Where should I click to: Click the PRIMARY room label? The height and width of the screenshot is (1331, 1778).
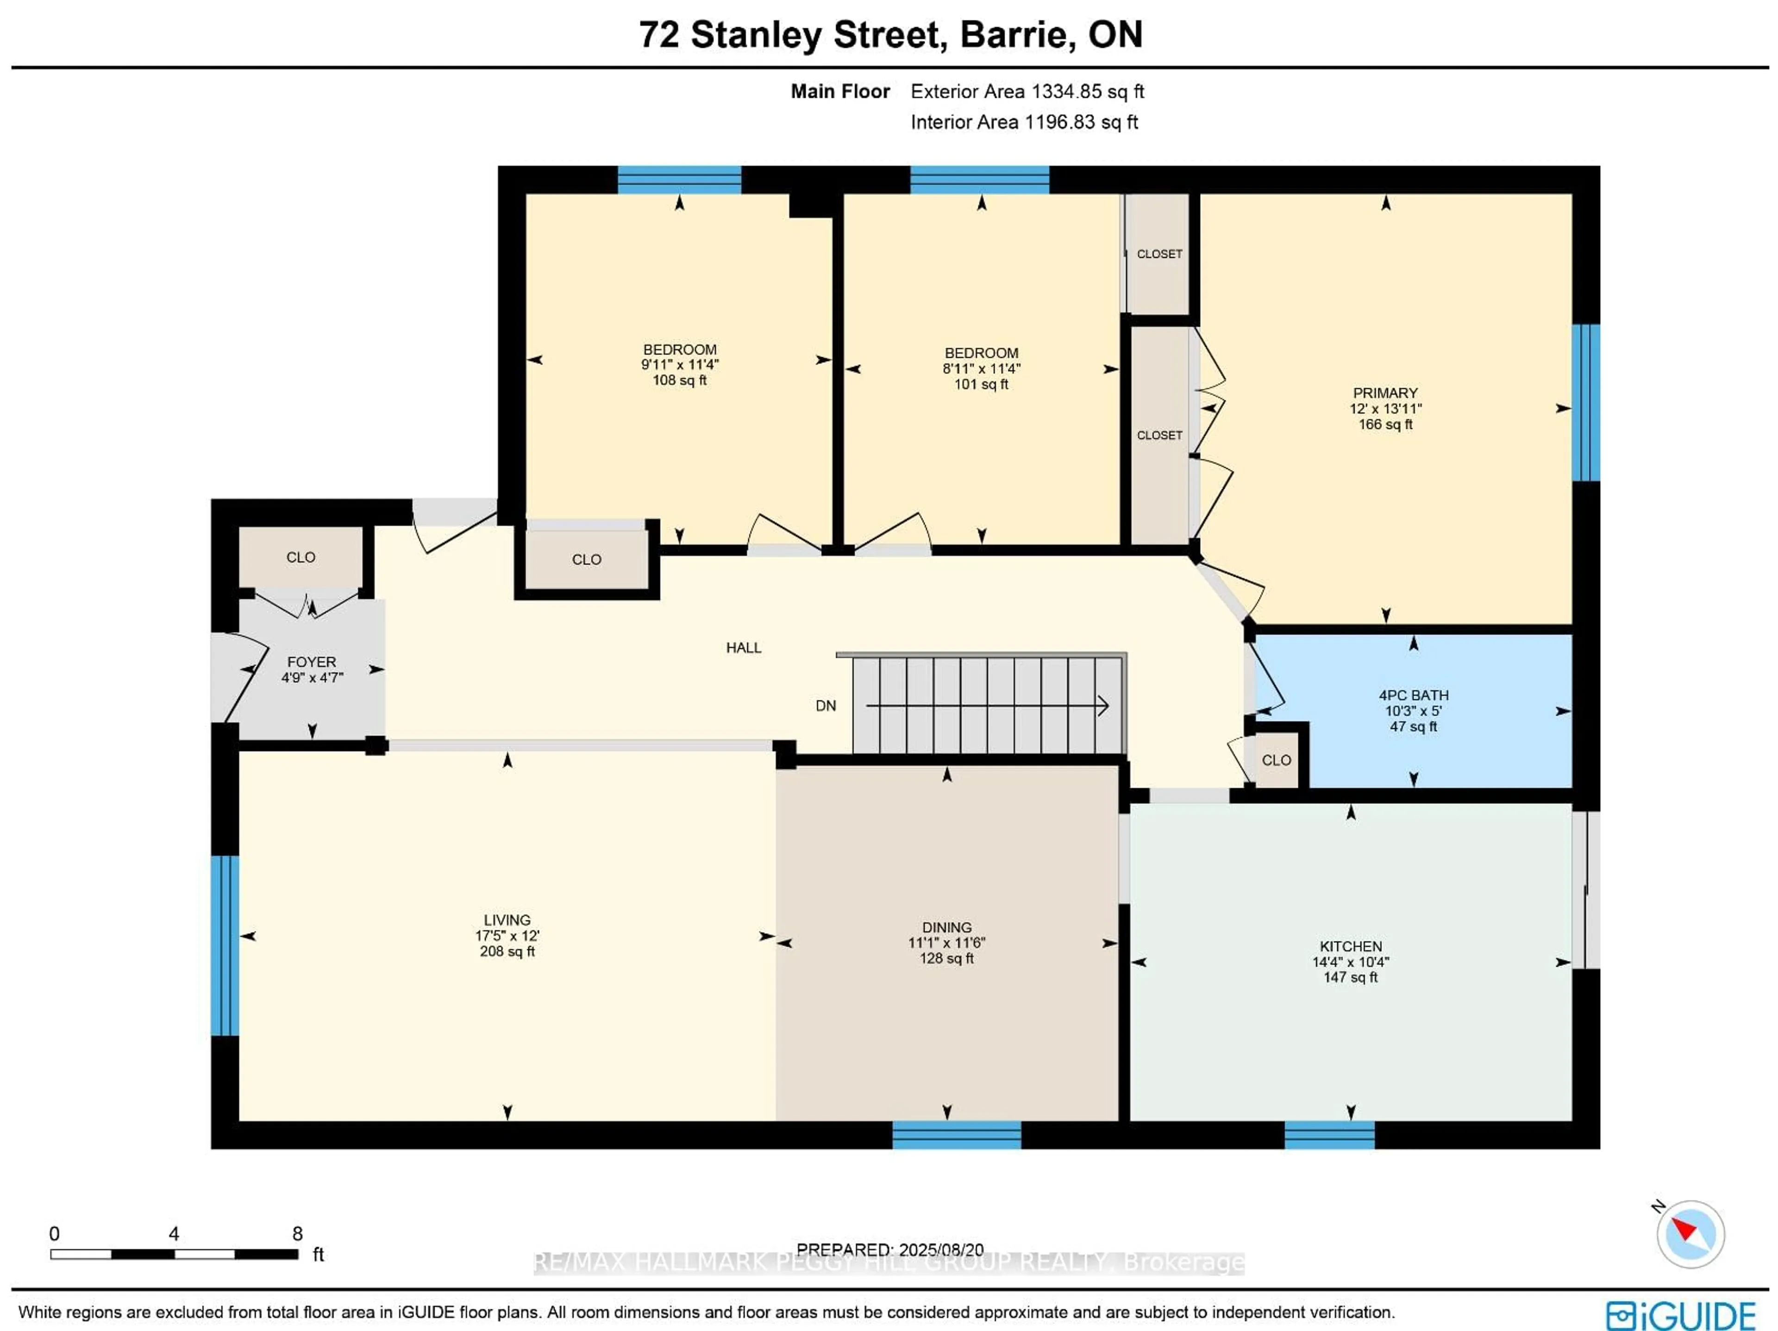[1385, 393]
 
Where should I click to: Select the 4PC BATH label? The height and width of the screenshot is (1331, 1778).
[1413, 695]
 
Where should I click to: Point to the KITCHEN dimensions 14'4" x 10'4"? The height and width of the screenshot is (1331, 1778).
[1350, 962]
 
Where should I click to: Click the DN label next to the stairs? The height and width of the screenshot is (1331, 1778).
[826, 706]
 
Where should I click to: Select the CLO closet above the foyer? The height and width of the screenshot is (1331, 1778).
[301, 557]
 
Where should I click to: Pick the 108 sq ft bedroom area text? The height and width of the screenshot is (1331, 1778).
[679, 380]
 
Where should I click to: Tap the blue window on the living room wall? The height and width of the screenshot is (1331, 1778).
[225, 945]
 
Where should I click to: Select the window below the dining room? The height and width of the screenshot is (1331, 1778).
[957, 1135]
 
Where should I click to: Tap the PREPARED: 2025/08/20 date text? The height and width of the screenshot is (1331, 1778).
[890, 1250]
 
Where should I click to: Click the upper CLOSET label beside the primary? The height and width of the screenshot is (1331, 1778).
[1159, 254]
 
